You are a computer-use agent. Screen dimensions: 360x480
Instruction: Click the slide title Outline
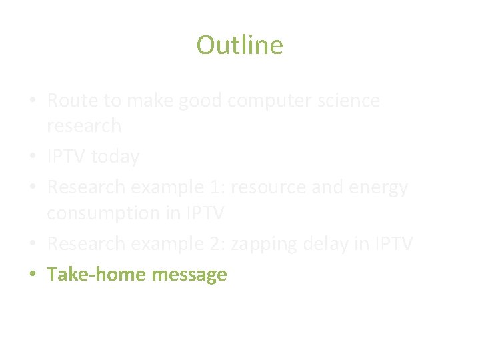[239, 45]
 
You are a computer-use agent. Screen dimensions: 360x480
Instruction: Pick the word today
[115, 157]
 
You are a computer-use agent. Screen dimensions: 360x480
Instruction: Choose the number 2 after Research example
[217, 244]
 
